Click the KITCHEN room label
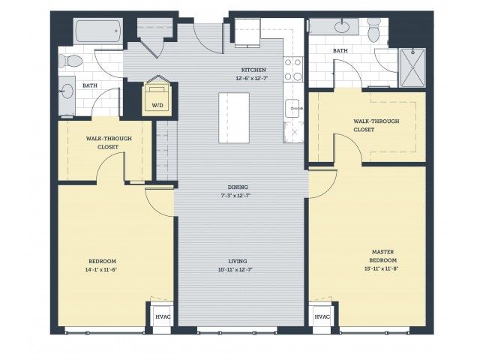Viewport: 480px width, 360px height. coord(253,70)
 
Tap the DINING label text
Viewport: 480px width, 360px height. coord(238,187)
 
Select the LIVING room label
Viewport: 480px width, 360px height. coord(238,261)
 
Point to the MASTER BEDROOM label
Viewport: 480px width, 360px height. coord(382,256)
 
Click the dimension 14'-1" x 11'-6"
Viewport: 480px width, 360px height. coord(102,270)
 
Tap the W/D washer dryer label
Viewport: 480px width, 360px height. coord(157,106)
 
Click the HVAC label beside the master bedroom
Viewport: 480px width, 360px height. coord(322,316)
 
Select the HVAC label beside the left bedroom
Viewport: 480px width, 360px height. coord(163,316)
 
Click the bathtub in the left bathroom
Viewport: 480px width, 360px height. coord(98,31)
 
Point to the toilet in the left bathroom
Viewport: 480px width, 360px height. coord(70,61)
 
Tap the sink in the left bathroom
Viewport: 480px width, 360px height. coord(67,91)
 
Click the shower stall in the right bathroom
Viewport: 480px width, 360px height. coord(412,67)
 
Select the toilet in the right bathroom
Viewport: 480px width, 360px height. coord(373,29)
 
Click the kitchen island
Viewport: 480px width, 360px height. coord(234,118)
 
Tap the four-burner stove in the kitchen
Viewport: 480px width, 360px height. coord(293,70)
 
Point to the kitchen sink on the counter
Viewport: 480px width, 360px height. coord(292,108)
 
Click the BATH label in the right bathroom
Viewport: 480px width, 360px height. coord(340,50)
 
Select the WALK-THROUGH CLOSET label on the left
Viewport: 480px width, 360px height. coord(109,142)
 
